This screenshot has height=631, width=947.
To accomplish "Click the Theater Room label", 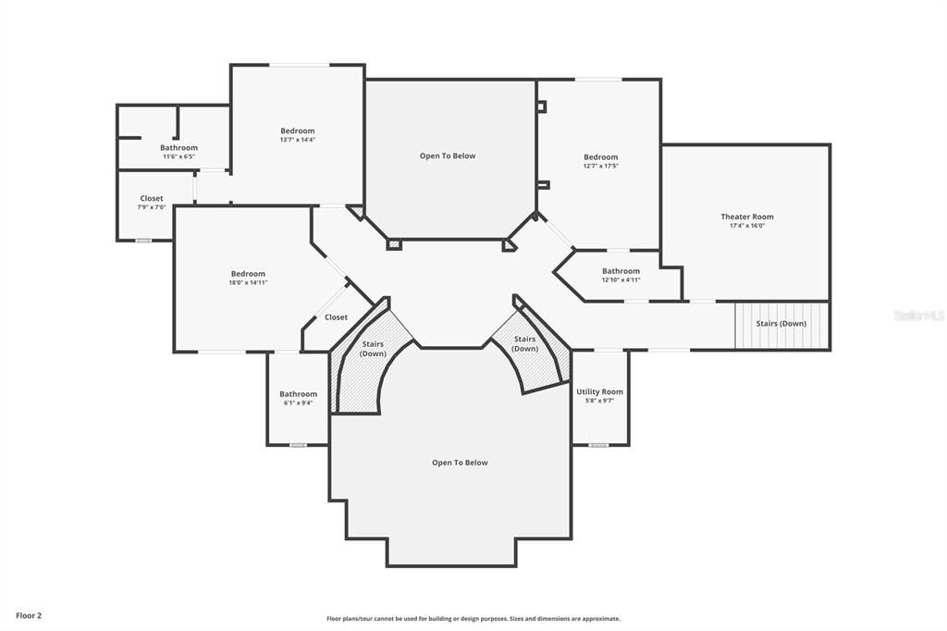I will [747, 217].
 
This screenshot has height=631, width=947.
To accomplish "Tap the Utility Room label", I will [599, 391].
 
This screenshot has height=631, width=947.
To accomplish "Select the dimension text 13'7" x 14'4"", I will [298, 140].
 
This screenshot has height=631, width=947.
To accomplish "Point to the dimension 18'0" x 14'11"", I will [248, 282].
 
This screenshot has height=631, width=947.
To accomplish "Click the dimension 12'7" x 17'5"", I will [600, 166].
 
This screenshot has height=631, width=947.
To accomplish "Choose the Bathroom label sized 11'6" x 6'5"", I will [178, 148].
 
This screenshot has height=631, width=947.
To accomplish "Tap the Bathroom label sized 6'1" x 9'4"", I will [298, 394].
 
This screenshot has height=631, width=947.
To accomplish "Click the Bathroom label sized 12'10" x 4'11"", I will [621, 271].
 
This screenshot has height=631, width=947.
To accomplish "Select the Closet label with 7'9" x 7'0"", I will [152, 198].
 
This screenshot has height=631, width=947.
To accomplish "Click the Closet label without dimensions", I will [336, 317].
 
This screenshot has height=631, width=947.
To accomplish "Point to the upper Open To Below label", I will [448, 155].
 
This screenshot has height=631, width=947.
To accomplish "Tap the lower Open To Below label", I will [460, 463].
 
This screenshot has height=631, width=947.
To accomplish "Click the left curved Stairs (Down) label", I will [373, 349].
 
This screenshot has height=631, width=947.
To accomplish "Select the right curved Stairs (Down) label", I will [524, 344].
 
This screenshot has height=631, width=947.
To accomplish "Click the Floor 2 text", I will [29, 615].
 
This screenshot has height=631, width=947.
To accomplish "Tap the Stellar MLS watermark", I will [918, 315].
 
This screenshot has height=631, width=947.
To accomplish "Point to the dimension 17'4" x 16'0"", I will [747, 226].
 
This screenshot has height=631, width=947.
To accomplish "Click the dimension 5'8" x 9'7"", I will [599, 401].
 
